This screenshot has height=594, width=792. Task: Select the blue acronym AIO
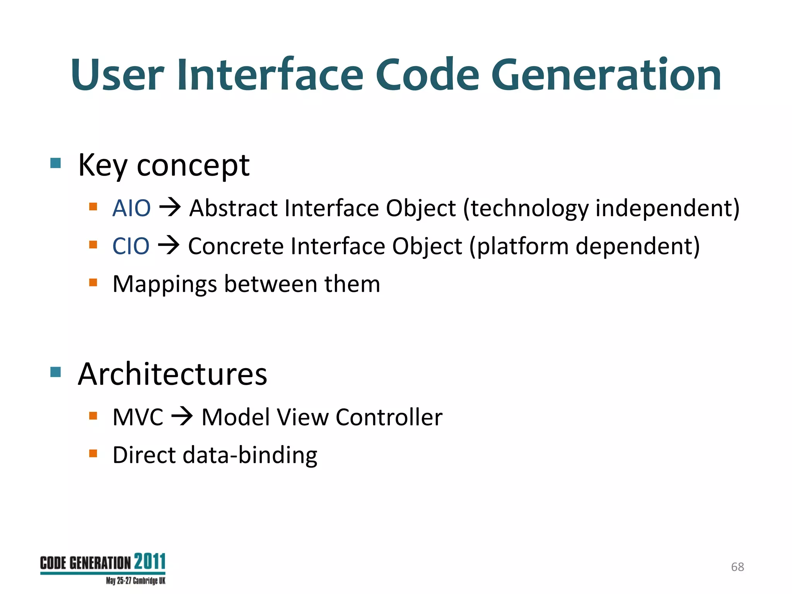click(131, 208)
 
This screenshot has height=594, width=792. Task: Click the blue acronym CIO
click(131, 246)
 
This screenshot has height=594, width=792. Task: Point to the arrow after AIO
click(170, 207)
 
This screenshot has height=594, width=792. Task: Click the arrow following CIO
click(169, 245)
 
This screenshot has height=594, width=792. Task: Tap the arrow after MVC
click(182, 417)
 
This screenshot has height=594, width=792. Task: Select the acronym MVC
click(138, 417)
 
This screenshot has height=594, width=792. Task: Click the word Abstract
click(234, 208)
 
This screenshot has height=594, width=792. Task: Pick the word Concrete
click(236, 246)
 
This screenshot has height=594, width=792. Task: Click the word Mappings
click(165, 285)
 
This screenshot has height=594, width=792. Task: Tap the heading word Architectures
click(172, 374)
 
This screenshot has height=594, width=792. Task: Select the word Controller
click(389, 417)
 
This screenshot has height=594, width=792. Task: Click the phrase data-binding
click(250, 455)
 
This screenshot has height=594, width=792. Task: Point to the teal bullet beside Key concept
click(56, 163)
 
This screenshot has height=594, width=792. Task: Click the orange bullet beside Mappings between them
click(93, 282)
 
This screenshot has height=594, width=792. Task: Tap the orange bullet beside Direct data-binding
click(93, 453)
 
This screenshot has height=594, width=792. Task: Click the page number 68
click(737, 567)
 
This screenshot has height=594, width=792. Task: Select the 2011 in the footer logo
click(150, 562)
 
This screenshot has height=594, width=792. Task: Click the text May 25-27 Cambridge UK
click(135, 581)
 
